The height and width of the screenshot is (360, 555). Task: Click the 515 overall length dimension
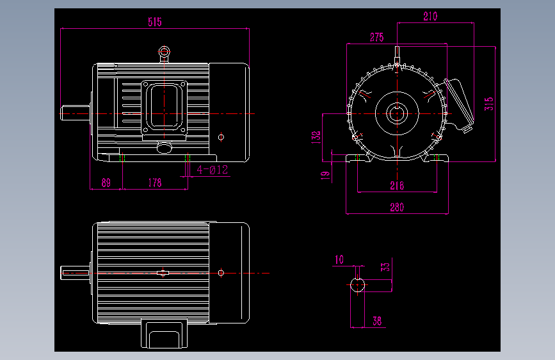click(155, 22)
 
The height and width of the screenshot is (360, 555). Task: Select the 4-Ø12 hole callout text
click(213, 170)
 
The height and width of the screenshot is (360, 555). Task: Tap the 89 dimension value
click(106, 183)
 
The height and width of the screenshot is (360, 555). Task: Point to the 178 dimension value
click(155, 183)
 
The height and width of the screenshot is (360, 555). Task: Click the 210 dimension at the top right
click(430, 16)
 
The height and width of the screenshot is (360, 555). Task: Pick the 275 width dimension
click(376, 37)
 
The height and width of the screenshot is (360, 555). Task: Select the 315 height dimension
click(489, 104)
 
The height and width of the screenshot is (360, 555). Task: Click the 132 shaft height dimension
click(316, 137)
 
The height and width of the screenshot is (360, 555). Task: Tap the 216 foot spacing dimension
click(397, 186)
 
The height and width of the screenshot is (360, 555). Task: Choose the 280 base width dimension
click(397, 208)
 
